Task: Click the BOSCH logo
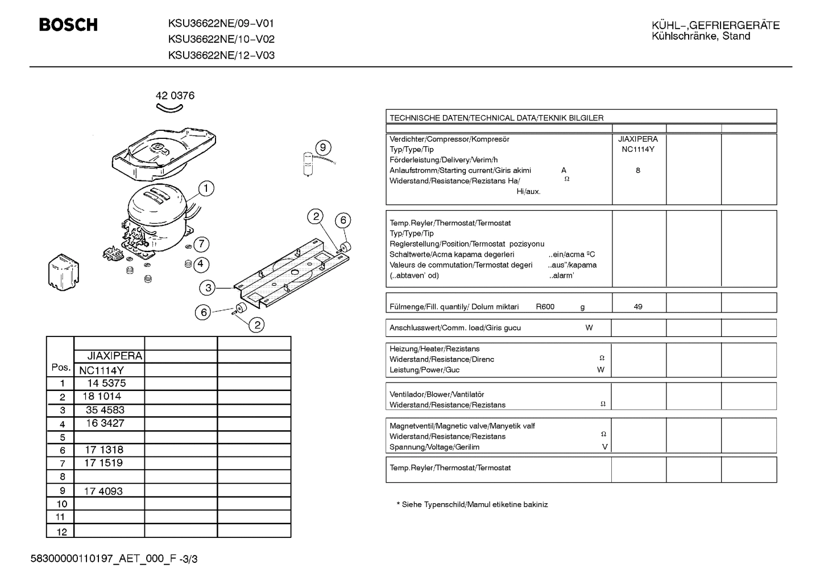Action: point(68,25)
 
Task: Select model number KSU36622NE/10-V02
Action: point(221,39)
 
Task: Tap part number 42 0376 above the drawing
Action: point(175,96)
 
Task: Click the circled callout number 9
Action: point(322,148)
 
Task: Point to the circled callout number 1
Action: point(206,188)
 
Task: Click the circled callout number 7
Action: point(201,244)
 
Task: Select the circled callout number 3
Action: point(208,288)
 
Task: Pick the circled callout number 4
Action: point(200,264)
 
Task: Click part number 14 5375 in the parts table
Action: point(106,384)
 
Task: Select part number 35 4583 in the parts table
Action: point(105,410)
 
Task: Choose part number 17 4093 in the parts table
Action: point(103,491)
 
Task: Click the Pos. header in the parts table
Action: point(61,367)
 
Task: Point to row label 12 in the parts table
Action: point(61,532)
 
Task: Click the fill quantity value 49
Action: point(638,307)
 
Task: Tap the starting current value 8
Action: point(638,170)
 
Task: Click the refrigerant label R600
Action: point(545,307)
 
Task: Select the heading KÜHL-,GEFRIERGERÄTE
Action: point(715,25)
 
